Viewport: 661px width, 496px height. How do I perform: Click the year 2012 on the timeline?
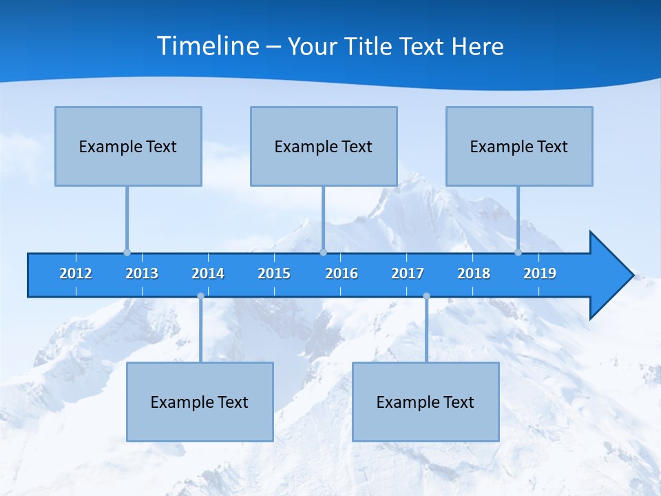pos(76,273)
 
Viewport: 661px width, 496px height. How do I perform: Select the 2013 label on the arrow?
pos(142,273)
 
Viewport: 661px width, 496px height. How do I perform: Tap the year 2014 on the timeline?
pos(208,273)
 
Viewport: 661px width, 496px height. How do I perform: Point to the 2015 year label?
pos(274,273)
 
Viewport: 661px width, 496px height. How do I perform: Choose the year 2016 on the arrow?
pos(342,273)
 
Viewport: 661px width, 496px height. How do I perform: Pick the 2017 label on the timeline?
pos(408,273)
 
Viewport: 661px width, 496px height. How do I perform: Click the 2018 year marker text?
pos(474,273)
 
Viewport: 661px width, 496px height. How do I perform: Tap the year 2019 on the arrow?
pos(540,273)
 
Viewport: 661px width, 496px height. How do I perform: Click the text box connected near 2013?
pos(128,146)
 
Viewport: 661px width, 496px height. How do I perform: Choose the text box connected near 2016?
pos(324,146)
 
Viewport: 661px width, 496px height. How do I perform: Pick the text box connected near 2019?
pos(519,146)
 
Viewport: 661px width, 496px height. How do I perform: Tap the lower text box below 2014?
pos(200,402)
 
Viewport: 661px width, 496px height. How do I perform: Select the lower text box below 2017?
pos(426,402)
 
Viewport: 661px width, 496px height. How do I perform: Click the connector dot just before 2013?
pos(127,253)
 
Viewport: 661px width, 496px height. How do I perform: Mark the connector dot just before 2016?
pos(323,253)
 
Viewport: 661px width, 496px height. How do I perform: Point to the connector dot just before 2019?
pos(518,253)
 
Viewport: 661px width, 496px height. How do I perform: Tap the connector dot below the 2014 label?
pos(200,296)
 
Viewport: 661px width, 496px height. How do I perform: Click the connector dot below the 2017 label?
pos(426,296)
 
